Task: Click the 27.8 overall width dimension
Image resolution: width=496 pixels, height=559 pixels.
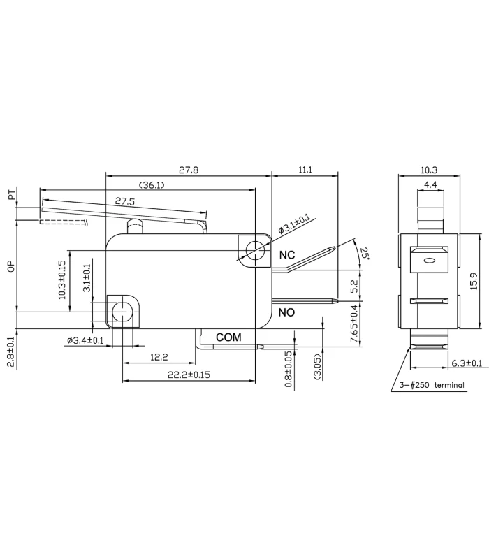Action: coord(188,170)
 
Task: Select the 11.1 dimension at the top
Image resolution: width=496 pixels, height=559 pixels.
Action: coord(305,170)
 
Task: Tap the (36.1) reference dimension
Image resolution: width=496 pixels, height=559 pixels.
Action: coord(151,185)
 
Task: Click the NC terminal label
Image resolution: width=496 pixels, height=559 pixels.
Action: coord(287,256)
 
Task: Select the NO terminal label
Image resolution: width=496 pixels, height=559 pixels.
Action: coord(287,312)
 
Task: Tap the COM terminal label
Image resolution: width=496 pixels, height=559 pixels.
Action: coord(228,337)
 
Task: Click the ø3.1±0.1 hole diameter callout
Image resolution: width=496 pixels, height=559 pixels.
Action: coord(294,224)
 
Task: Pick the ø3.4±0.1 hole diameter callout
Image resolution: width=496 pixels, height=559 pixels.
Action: coord(86,340)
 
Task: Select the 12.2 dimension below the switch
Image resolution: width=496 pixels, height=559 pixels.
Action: coord(159,357)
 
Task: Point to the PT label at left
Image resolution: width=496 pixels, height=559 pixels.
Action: coord(12,196)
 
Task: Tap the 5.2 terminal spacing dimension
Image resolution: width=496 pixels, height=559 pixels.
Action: coord(354,286)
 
